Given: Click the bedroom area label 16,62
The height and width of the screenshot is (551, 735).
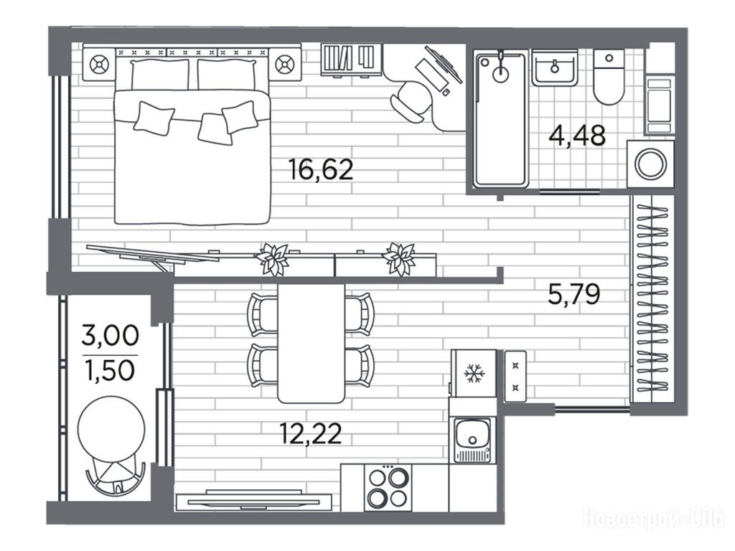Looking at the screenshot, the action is [x=321, y=169].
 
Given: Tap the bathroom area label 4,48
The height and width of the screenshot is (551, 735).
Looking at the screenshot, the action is [x=577, y=136].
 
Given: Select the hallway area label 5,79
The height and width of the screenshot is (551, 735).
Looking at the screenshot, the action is [x=574, y=295].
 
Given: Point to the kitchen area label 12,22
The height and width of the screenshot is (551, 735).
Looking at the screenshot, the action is [x=310, y=433].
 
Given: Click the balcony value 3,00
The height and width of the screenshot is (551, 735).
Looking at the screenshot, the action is [x=110, y=336].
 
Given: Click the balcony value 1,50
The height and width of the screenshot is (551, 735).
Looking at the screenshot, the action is [x=110, y=371].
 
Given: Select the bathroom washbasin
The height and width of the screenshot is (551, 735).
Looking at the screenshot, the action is [x=555, y=68].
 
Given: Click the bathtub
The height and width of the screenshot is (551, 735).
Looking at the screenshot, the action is [x=500, y=120].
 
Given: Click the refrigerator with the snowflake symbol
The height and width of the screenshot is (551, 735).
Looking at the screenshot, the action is [x=474, y=373].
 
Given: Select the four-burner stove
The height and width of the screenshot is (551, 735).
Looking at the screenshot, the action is [x=388, y=488].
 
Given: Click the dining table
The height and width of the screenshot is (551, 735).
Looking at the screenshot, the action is [x=312, y=343].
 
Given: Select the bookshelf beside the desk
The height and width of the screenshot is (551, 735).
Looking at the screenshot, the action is [x=351, y=59].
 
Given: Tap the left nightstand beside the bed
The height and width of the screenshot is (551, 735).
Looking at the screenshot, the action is [x=99, y=64].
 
